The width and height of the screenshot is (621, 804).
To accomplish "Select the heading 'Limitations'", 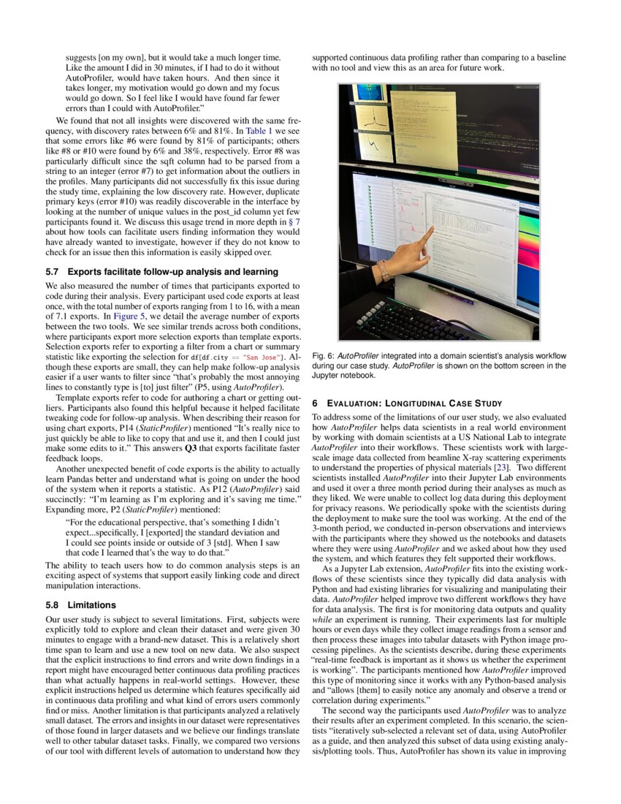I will [x=91, y=605].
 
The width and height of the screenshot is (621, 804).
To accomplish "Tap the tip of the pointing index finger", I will [x=432, y=229].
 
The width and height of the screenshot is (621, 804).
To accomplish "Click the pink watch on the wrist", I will [x=384, y=270].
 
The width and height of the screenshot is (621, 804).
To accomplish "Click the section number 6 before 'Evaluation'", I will [x=315, y=403].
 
